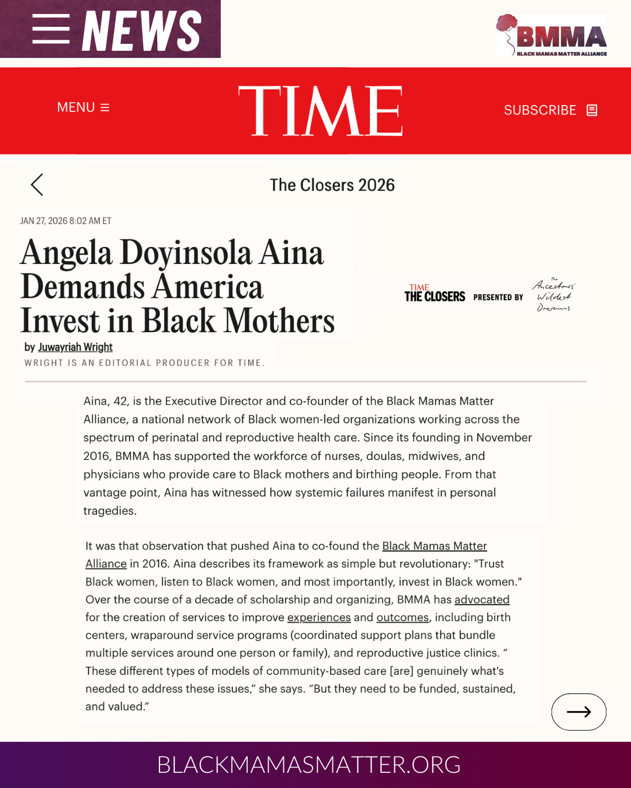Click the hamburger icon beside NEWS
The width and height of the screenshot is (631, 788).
[51, 29]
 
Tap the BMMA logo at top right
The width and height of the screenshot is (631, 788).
[552, 35]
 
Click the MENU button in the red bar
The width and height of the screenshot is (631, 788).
[83, 107]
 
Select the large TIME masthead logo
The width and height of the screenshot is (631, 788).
[320, 111]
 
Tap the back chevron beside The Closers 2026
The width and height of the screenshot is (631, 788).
[37, 184]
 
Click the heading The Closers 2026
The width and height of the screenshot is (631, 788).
[332, 185]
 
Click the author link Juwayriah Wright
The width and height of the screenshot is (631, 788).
[75, 347]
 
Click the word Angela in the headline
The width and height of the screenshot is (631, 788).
[66, 253]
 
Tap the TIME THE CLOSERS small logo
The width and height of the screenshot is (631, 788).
[435, 294]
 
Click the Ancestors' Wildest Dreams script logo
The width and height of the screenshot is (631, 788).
[553, 295]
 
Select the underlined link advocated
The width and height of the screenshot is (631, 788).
[481, 599]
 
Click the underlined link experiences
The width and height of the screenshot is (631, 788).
[318, 618]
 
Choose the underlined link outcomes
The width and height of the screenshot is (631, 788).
[402, 618]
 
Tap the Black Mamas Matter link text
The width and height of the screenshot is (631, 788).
[434, 546]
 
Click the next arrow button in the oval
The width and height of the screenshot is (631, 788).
[578, 712]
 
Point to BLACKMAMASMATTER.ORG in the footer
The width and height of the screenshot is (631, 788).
[308, 765]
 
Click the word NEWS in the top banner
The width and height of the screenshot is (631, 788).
[141, 30]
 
